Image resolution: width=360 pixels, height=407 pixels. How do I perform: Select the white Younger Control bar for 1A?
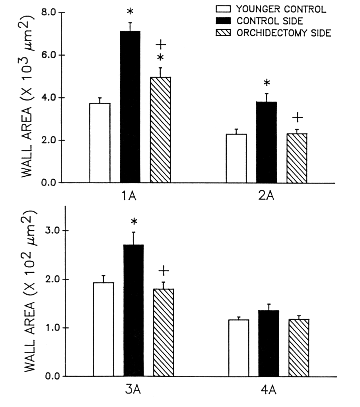100,143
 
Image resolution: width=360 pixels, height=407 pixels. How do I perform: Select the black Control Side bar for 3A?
134,310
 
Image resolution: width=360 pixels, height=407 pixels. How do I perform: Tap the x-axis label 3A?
134,389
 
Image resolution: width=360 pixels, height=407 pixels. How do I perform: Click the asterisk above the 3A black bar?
134,221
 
